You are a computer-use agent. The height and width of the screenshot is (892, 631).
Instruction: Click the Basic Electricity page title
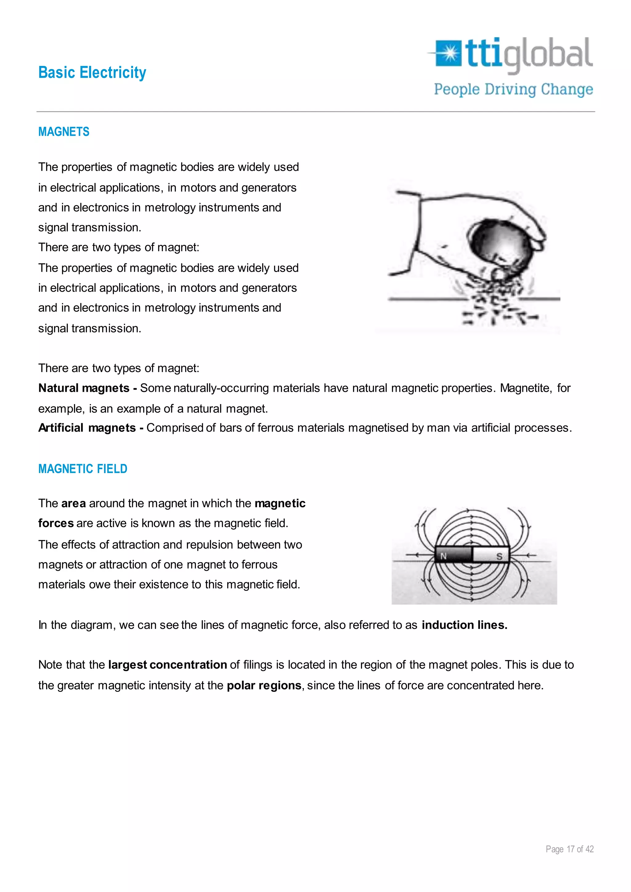pos(92,73)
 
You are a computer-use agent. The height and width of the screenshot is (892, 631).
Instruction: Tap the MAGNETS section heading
pos(64,132)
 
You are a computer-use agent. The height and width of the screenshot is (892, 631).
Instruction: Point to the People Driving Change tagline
pos(513,89)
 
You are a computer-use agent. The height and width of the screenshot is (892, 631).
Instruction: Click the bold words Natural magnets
pos(83,388)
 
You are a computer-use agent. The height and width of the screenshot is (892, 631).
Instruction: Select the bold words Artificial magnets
pos(87,428)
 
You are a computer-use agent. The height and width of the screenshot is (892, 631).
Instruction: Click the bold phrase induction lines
pos(464,625)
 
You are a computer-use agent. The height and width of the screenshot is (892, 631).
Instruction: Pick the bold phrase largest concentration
pos(168,665)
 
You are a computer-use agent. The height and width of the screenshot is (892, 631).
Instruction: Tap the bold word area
pos(73,504)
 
